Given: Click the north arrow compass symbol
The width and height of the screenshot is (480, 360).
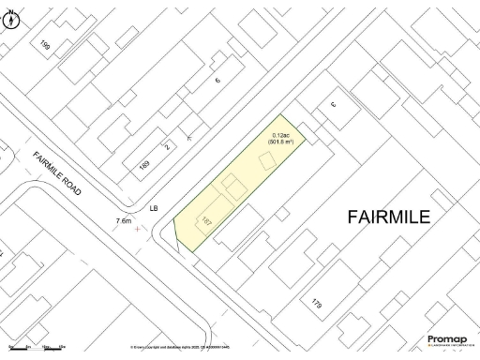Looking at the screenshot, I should point(10,17).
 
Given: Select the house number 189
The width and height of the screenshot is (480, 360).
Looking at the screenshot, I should point(144,165).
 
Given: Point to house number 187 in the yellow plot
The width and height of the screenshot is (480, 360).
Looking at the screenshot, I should point(205,222).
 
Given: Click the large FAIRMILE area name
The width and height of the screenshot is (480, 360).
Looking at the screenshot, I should point(389,217).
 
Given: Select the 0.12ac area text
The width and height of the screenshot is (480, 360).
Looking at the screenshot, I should point(281,135).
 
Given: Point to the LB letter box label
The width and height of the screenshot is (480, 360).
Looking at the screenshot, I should point(154,209).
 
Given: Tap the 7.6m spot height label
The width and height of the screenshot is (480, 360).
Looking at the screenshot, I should point(123,220).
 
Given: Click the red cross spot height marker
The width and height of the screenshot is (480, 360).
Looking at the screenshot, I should point(141,228).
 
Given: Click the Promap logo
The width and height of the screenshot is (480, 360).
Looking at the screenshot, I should point(447,340).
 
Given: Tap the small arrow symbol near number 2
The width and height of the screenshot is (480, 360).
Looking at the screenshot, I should point(190,137).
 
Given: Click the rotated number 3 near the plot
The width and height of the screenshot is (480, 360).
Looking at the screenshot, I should point(332,105).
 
